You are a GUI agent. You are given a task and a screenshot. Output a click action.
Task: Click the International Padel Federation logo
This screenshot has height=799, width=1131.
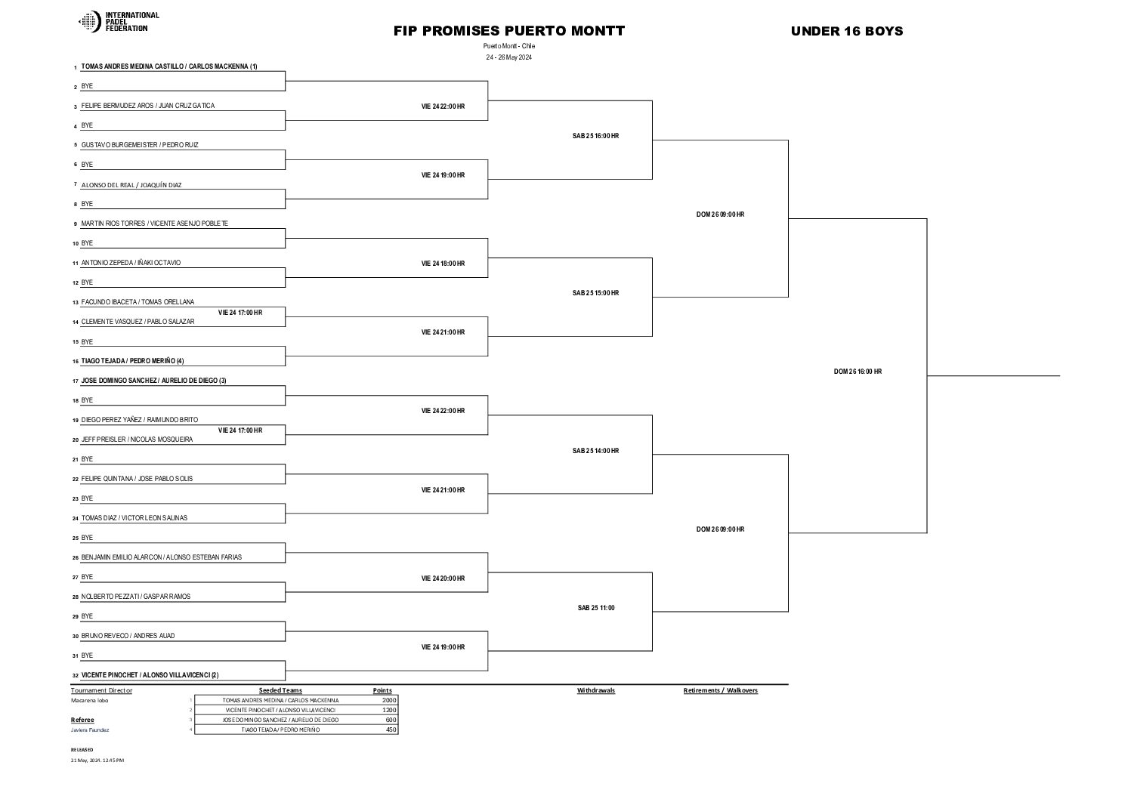point(119,22)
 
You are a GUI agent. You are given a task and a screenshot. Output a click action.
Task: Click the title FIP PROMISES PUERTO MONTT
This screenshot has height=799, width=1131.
point(508,31)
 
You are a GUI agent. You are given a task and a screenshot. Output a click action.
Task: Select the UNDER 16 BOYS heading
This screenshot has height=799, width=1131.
point(846,31)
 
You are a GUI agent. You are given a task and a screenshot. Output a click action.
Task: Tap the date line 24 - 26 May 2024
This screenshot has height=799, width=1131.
point(508,57)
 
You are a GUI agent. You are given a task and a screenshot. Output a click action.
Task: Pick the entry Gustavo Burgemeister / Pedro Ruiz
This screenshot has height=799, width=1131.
point(140,145)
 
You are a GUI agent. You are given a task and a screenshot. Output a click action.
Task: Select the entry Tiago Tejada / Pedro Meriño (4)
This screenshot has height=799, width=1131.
point(132,361)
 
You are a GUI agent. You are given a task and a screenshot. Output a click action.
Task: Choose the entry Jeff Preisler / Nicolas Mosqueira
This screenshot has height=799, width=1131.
point(137,440)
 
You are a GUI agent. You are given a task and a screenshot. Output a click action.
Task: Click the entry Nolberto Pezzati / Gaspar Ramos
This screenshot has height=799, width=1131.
point(136,597)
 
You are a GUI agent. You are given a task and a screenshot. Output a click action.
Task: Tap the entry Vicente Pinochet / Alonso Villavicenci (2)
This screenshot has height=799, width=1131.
point(150,675)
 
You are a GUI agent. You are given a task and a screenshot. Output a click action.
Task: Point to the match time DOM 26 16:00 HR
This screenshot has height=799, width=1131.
point(858,372)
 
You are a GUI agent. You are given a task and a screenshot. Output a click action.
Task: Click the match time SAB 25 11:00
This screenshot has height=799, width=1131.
point(596,608)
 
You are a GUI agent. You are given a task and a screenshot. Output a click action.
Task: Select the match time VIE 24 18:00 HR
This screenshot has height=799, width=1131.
point(443,264)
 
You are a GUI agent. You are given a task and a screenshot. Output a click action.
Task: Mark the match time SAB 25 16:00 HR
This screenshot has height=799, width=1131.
point(595,136)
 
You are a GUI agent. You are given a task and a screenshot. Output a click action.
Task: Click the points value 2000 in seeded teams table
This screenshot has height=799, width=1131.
point(389,700)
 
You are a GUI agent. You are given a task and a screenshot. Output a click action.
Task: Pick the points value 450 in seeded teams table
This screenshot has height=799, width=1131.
point(391,730)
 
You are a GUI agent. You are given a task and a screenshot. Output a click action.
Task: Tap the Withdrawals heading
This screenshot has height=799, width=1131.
point(595,690)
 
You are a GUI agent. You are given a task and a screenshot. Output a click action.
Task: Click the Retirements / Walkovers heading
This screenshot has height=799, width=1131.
point(720,690)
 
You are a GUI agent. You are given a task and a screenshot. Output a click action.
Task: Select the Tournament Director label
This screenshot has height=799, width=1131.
point(101,690)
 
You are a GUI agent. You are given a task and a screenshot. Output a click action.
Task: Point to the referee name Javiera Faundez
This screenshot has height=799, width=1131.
point(90,730)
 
